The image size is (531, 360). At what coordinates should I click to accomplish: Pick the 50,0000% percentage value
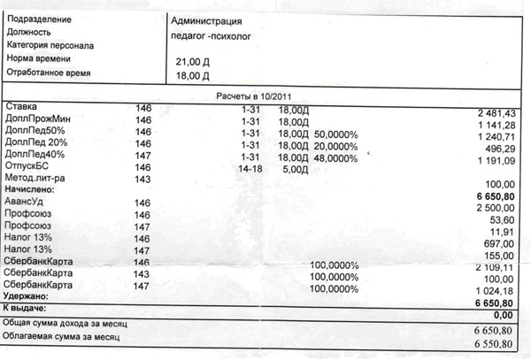pos(335,134)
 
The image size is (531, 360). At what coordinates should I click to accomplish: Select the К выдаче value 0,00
pos(503,314)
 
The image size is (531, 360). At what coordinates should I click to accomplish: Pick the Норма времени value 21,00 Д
pos(196,61)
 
